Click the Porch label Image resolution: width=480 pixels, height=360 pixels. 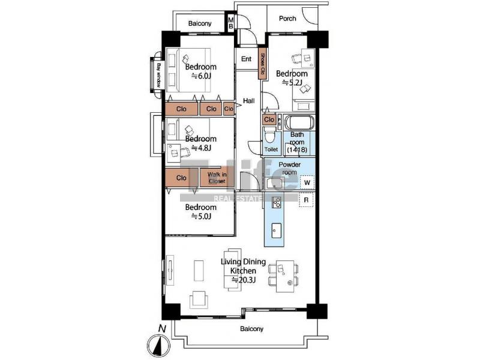click(287, 19)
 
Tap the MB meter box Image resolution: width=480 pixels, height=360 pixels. click(231, 23)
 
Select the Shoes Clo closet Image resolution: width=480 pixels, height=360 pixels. click(262, 63)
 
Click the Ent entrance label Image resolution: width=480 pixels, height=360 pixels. click(247, 59)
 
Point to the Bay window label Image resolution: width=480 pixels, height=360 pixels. click(158, 75)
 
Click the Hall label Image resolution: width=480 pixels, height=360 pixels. click(248, 101)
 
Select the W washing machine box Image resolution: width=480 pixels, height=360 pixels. click(307, 183)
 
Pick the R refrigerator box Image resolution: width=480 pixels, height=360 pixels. click(306, 200)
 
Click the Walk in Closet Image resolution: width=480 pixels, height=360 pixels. click(217, 178)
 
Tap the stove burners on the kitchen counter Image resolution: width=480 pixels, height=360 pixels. click(277, 202)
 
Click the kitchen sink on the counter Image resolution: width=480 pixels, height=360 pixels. click(277, 230)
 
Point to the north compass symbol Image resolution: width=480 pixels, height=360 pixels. click(158, 344)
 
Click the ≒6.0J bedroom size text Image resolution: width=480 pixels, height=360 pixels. click(201, 76)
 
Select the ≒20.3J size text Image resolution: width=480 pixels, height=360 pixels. click(244, 280)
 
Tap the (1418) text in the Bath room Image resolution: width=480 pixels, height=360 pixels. click(297, 150)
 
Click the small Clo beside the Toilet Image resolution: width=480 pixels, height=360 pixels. click(269, 119)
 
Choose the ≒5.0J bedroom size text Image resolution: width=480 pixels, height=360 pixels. click(201, 217)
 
